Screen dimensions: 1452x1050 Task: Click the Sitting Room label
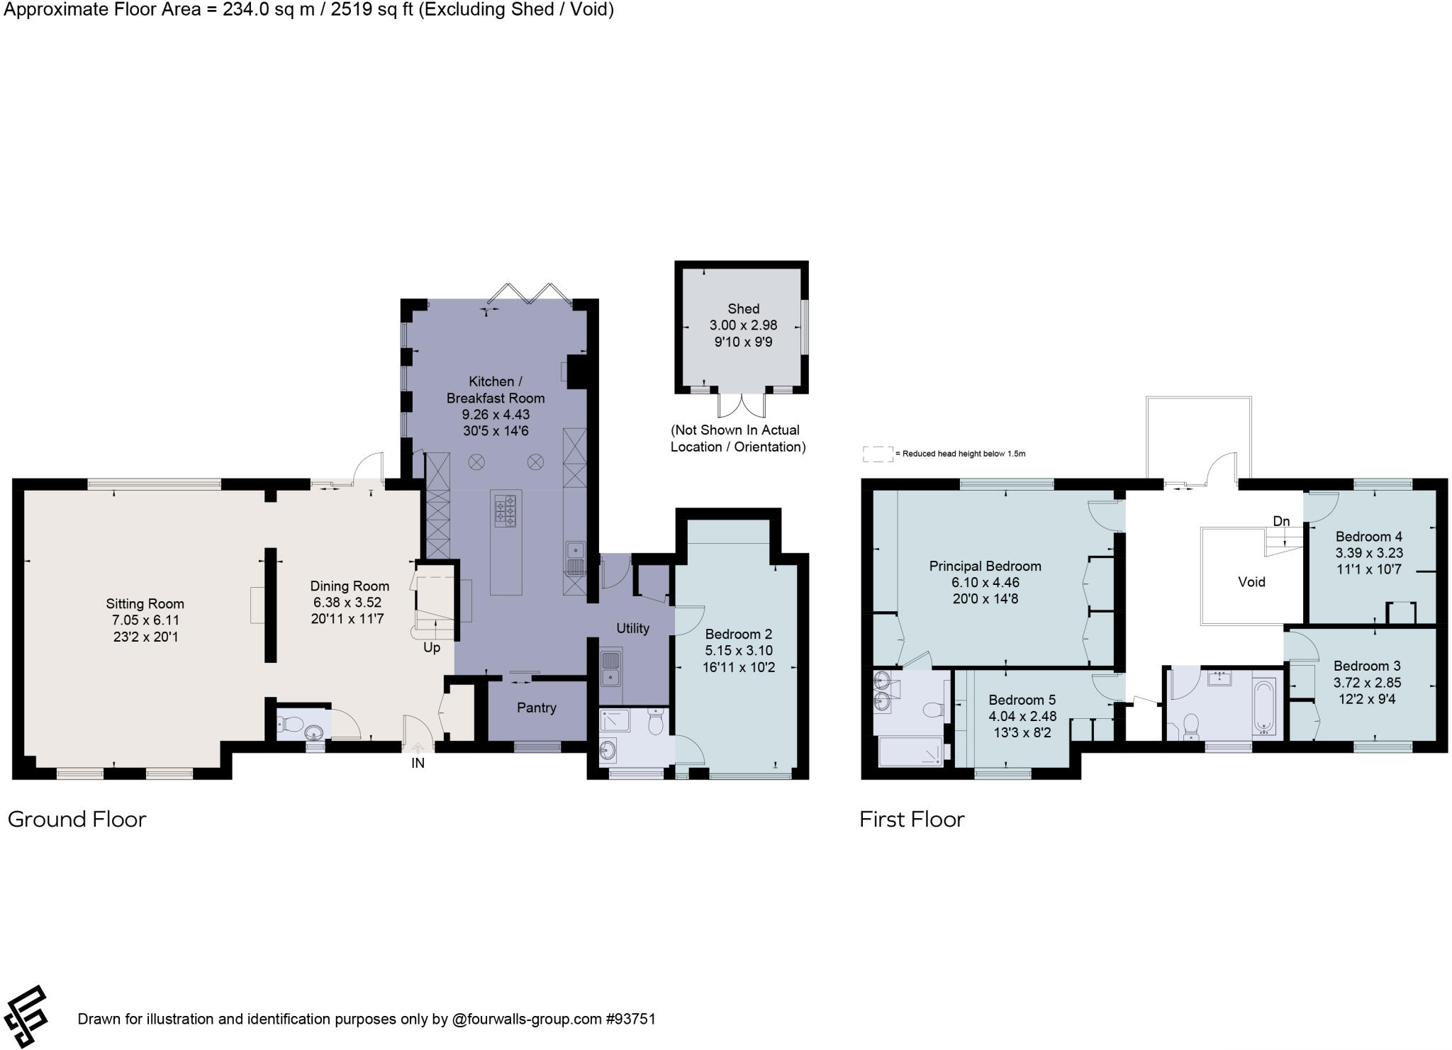pyautogui.click(x=145, y=604)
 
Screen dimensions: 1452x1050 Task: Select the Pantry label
pyautogui.click(x=537, y=708)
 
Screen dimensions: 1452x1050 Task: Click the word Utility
pyautogui.click(x=632, y=628)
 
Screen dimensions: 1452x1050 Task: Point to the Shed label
pyautogui.click(x=743, y=308)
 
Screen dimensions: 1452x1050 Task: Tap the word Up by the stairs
pyautogui.click(x=432, y=647)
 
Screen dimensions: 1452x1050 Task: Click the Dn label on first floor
pyautogui.click(x=1281, y=522)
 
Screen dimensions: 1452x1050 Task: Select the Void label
pyautogui.click(x=1251, y=582)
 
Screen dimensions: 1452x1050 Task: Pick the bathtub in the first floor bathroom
pyautogui.click(x=1265, y=707)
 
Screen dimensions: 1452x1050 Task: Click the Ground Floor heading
pyautogui.click(x=77, y=820)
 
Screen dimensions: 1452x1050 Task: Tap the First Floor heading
pyautogui.click(x=912, y=820)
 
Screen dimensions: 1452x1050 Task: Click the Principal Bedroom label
pyautogui.click(x=985, y=566)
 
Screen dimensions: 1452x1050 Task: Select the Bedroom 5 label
pyautogui.click(x=1022, y=700)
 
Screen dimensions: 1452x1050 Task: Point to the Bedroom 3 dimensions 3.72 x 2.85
pyautogui.click(x=1367, y=683)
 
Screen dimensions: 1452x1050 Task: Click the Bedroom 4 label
pyautogui.click(x=1369, y=537)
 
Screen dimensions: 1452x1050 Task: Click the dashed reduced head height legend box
pyautogui.click(x=878, y=454)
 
